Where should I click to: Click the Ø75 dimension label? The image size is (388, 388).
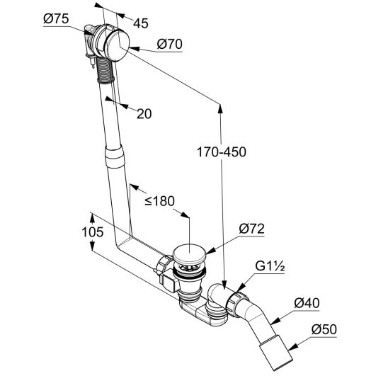(56, 19)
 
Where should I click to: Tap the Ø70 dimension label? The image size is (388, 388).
(170, 45)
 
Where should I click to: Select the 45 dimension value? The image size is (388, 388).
(141, 23)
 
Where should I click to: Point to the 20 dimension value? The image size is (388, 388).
(144, 114)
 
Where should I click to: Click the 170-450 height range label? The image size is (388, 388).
(222, 152)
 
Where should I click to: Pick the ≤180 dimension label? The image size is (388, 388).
(159, 201)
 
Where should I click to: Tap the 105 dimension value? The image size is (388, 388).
(93, 232)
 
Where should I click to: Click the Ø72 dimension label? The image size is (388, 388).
(251, 229)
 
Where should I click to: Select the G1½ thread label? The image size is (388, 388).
(270, 266)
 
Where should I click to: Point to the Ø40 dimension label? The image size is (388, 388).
(307, 303)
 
